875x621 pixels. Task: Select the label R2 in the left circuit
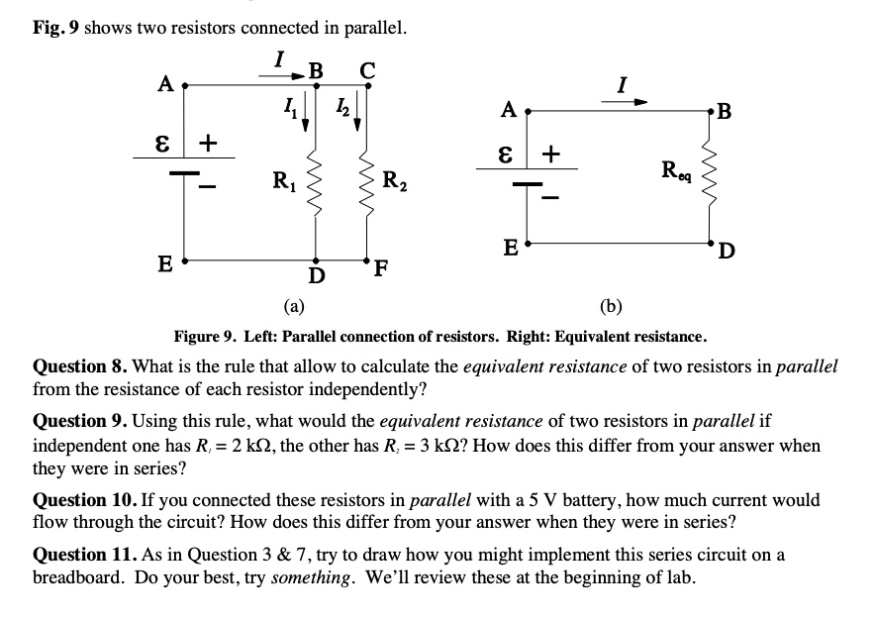point(393,181)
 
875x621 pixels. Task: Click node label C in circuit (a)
point(367,69)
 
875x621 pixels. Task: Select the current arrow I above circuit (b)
point(636,101)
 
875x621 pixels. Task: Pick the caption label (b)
point(612,305)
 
